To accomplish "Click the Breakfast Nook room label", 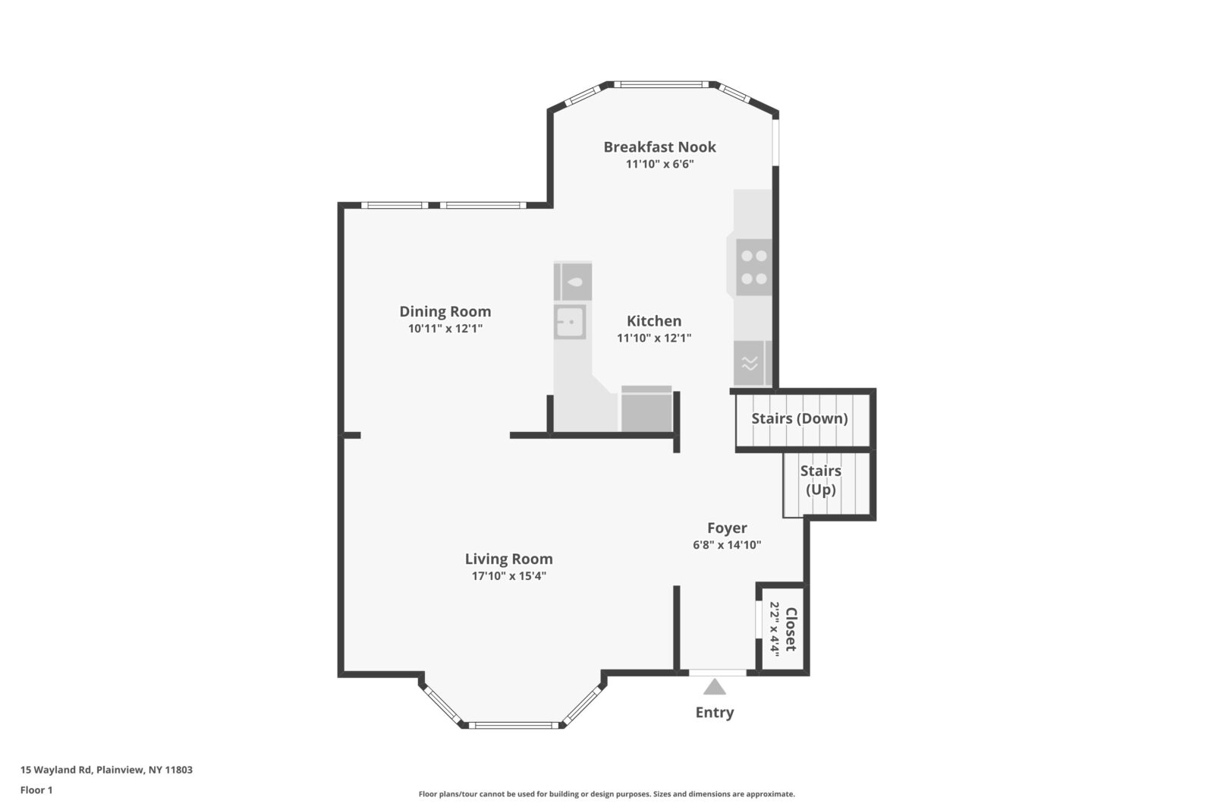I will tap(659, 147).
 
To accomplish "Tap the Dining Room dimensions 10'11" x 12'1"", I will tap(445, 329).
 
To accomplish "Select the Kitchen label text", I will tap(654, 321).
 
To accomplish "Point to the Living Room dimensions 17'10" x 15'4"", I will tap(509, 576).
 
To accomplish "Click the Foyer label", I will tap(727, 528).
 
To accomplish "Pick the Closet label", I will tap(791, 629).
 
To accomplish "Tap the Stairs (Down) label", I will tap(800, 418).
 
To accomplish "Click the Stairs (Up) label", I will tap(821, 480).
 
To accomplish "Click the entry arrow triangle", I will tap(714, 687).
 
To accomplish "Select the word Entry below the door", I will tap(715, 712).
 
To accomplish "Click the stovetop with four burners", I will tap(753, 267).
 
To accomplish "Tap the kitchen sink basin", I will tap(569, 322).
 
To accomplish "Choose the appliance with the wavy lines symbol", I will tap(750, 364).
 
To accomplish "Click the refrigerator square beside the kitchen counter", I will tap(646, 410).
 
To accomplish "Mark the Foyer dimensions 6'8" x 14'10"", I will tap(727, 545).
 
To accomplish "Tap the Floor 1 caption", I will tap(36, 790).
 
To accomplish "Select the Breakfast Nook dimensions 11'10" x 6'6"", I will tap(659, 164).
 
